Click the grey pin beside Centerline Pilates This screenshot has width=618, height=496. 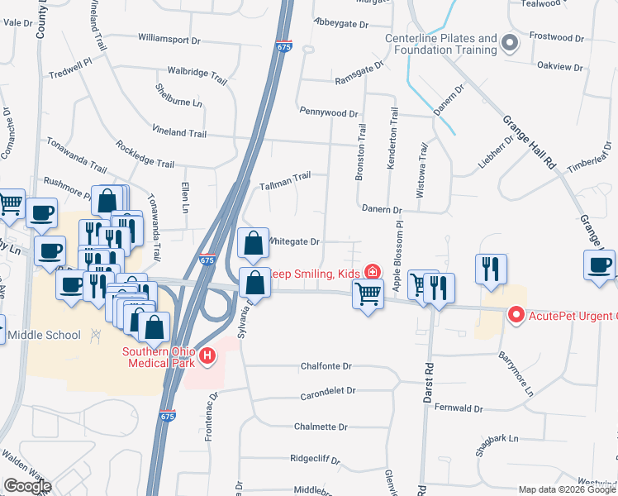click(510, 43)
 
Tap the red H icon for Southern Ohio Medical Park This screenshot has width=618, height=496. click(207, 356)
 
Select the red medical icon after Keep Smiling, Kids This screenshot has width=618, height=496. click(373, 272)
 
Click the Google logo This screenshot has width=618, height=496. click(27, 487)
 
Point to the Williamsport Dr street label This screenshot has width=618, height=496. click(169, 39)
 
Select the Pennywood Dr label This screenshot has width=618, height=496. click(329, 112)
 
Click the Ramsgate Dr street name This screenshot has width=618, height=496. click(359, 71)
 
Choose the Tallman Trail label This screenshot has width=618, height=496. click(285, 175)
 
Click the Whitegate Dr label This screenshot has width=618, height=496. click(291, 241)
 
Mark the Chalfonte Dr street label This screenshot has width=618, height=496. click(326, 366)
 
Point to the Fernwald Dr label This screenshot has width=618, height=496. click(458, 408)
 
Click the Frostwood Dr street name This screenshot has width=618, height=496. click(556, 36)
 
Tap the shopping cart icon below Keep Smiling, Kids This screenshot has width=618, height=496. click(368, 292)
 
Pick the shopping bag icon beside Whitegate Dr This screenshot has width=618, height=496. click(253, 244)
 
